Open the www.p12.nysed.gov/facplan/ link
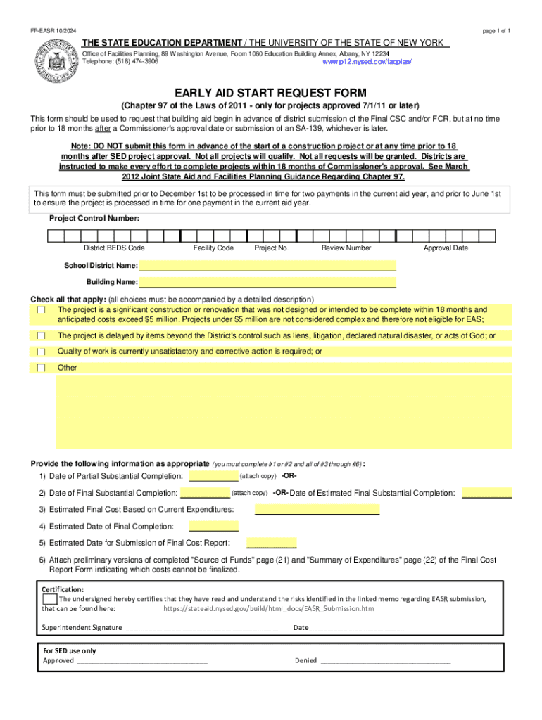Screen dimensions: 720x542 366,62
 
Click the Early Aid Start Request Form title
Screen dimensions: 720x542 271,94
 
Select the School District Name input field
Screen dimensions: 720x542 267,266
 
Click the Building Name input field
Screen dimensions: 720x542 267,282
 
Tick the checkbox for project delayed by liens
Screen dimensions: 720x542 42,336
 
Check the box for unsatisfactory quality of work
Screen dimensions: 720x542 42,352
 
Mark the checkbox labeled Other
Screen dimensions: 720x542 42,368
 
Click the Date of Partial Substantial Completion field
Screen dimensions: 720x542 214,477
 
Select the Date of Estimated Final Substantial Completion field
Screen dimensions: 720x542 486,493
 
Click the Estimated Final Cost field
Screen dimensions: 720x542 317,509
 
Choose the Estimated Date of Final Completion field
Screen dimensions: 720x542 213,526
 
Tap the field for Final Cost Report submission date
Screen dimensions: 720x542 272,543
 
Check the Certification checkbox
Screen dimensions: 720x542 49,599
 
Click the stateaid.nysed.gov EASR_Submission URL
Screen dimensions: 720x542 268,608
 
